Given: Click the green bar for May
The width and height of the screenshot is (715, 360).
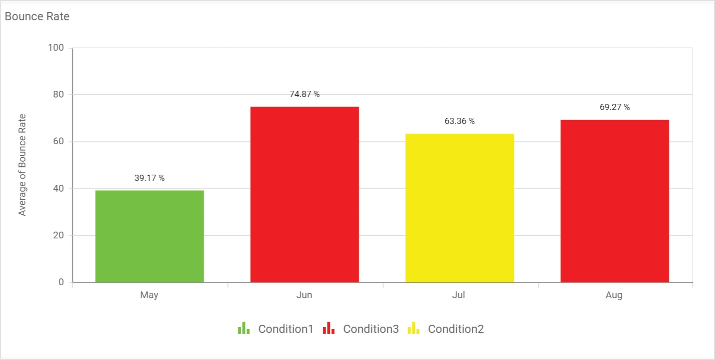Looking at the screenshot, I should point(150,236).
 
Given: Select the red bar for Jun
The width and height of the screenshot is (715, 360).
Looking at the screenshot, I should point(304,194).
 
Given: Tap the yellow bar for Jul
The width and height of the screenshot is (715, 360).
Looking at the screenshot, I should point(459,208).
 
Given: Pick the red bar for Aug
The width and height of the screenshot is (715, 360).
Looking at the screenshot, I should point(614,201).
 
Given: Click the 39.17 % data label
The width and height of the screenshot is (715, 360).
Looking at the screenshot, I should point(150,178).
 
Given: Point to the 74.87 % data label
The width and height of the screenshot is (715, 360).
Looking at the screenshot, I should point(304,94).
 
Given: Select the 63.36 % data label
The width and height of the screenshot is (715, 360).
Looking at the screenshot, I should point(459,121).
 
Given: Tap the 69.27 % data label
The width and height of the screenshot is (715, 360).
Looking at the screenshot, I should point(614,107).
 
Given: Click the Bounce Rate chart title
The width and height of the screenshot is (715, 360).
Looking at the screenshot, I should point(37,16).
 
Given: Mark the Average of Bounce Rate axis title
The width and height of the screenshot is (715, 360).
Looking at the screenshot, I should point(22,165).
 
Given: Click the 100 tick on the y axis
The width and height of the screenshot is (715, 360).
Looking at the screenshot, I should point(57,48).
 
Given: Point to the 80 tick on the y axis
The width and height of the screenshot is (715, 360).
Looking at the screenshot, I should point(59,95).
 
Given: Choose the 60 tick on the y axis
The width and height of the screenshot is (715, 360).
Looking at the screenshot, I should point(59,141).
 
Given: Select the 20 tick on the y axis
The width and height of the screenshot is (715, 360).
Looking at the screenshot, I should point(59,235).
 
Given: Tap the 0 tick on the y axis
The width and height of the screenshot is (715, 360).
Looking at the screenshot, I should point(62,282).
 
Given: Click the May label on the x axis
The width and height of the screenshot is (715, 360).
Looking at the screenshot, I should point(150,295).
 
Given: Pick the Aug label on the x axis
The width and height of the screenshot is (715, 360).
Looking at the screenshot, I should point(614,295).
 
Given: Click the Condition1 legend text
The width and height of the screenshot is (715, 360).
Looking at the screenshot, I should point(286,329).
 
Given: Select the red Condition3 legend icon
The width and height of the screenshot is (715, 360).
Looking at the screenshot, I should point(329,329).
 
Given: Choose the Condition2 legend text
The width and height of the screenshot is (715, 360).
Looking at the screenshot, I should point(456,329).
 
